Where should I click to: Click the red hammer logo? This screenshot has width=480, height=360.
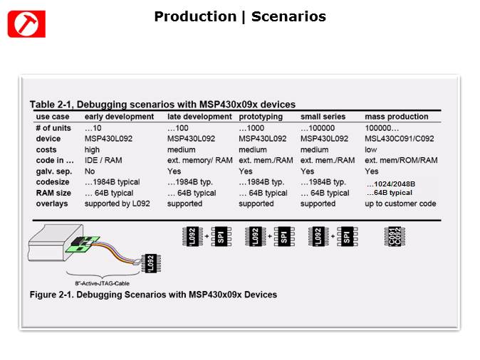pos(26,24)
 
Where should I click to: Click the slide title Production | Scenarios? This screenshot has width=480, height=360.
pos(240,16)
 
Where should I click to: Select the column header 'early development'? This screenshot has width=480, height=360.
pos(119,117)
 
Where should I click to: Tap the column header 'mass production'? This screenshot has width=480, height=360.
pos(397,117)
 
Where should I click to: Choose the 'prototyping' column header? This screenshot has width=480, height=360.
pos(261,117)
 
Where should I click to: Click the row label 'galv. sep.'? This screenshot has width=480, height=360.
pos(53,171)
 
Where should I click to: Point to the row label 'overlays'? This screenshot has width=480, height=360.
pos(51,203)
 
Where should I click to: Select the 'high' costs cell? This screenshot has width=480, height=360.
pos(93,150)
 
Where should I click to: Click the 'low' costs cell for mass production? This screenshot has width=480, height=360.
pos(370,150)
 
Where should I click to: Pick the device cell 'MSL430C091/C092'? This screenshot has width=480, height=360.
pos(399,139)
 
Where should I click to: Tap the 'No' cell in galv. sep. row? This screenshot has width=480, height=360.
pos(90,171)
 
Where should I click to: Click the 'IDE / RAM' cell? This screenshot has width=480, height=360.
pos(103,161)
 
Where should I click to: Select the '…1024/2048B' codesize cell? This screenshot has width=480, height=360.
pos(391,184)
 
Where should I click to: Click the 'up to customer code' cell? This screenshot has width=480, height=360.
pos(400,203)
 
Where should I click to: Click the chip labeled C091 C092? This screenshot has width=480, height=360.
pos(392,235)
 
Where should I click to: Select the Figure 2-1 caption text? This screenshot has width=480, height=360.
pos(153,295)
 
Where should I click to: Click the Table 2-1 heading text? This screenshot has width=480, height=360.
pos(162,104)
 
